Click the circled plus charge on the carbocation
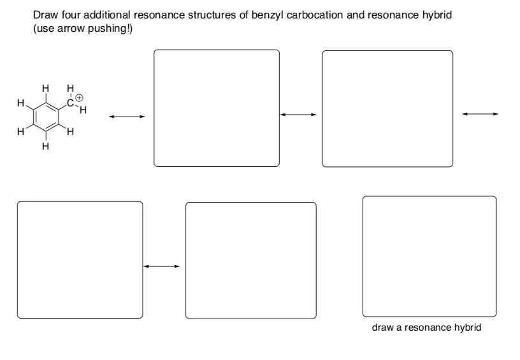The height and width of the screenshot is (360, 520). [x=80, y=99]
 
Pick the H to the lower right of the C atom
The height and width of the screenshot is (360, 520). [x=83, y=110]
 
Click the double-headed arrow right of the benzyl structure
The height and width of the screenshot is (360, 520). [x=126, y=117]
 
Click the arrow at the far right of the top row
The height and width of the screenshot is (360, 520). [x=480, y=114]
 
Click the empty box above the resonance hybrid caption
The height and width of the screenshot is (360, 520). [x=429, y=256]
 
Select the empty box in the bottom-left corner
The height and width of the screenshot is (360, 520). [x=80, y=260]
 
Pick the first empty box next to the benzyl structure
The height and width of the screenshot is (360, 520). [x=216, y=108]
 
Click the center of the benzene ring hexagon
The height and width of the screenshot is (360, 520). [x=45, y=117]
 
